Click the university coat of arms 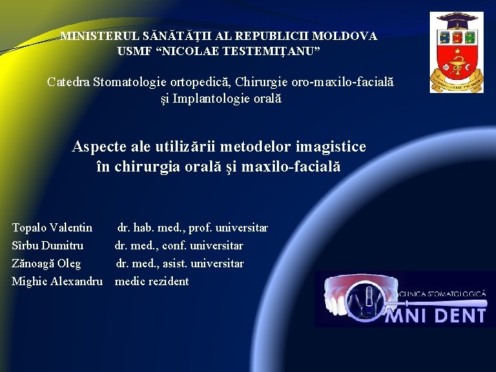tap(456, 52)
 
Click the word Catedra tap(69, 82)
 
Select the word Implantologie tap(206, 99)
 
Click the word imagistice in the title tap(331, 147)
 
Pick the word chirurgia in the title tap(147, 167)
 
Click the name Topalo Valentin tap(52, 227)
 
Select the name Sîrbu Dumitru tap(48, 245)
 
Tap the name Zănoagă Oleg tap(46, 263)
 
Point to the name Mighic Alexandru tap(57, 281)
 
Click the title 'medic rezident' tap(152, 281)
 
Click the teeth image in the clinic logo tap(359, 298)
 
